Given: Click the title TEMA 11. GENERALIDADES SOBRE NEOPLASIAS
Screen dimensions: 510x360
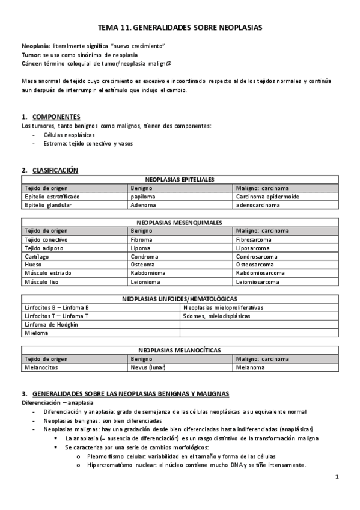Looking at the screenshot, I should click(x=180, y=27).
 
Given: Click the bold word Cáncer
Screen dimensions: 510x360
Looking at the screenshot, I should click(x=31, y=63).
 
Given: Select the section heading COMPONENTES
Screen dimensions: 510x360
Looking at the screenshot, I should click(x=56, y=117).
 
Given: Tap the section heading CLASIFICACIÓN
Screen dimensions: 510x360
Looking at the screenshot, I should click(x=55, y=171).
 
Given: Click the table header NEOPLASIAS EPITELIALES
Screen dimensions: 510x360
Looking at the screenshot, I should click(x=180, y=180).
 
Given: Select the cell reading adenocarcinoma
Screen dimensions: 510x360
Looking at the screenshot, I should click(x=258, y=205).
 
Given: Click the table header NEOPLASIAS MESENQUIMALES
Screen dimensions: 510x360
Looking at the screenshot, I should click(x=180, y=223).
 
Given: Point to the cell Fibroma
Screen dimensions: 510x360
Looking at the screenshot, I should click(x=142, y=239).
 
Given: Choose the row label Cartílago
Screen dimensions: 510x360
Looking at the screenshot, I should click(x=37, y=256).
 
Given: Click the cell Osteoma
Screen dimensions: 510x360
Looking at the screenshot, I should click(x=142, y=265).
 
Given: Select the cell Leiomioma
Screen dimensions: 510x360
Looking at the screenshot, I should click(x=145, y=281).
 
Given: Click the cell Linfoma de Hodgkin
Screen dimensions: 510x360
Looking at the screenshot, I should click(x=52, y=324).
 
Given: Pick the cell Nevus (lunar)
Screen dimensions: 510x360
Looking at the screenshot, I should click(x=148, y=367).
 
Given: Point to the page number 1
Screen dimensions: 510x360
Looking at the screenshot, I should click(x=337, y=477).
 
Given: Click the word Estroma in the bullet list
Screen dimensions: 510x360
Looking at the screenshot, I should click(x=55, y=144).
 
